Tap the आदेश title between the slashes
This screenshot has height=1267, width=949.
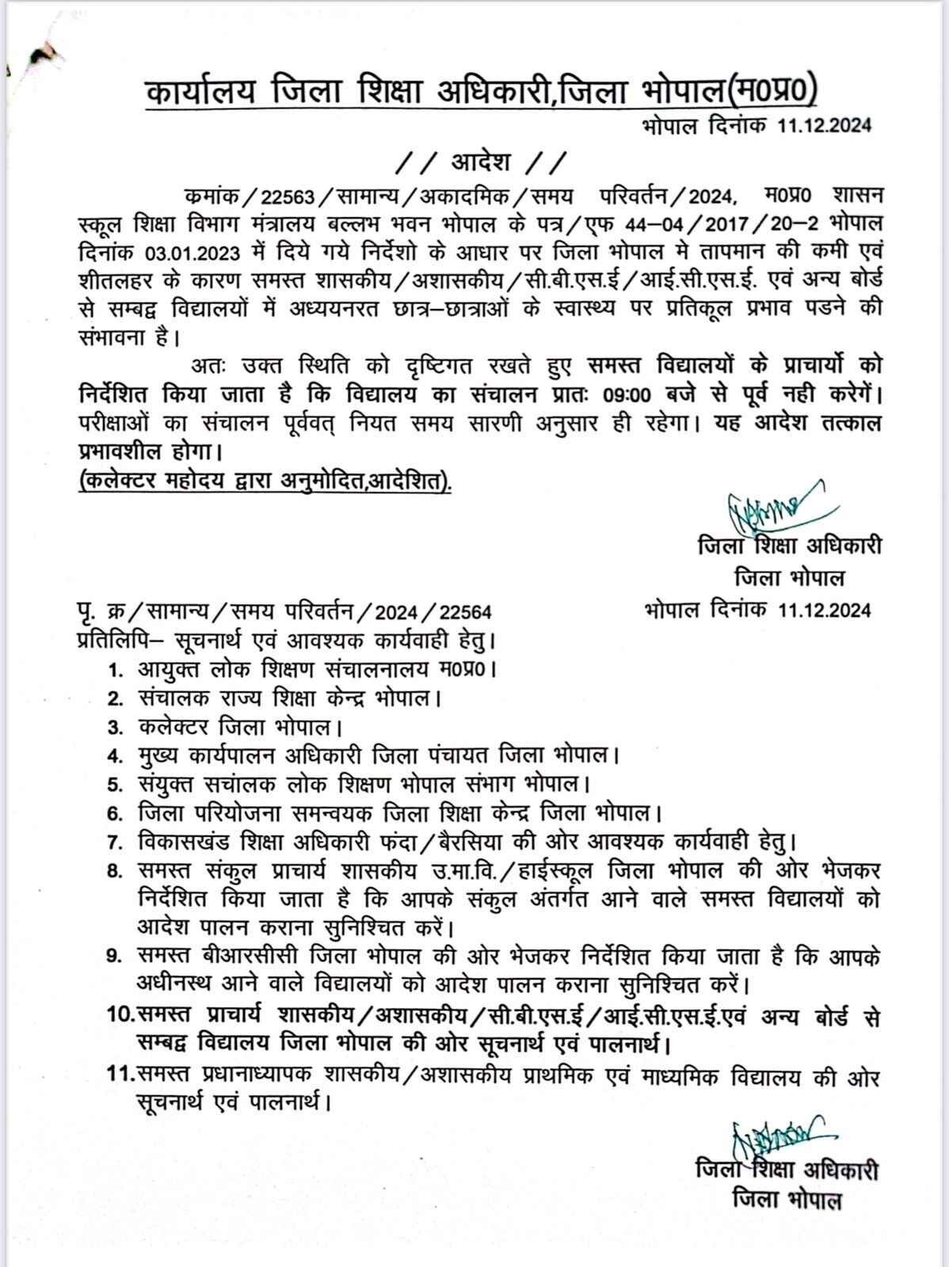click(481, 162)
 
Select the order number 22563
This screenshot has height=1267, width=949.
click(288, 196)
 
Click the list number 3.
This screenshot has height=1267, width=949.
click(116, 726)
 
